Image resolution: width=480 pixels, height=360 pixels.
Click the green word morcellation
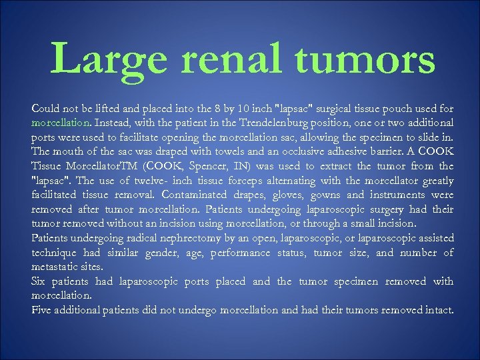(61, 123)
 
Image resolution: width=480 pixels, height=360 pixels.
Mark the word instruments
(406, 195)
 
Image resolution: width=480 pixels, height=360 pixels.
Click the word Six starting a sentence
(40, 281)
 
